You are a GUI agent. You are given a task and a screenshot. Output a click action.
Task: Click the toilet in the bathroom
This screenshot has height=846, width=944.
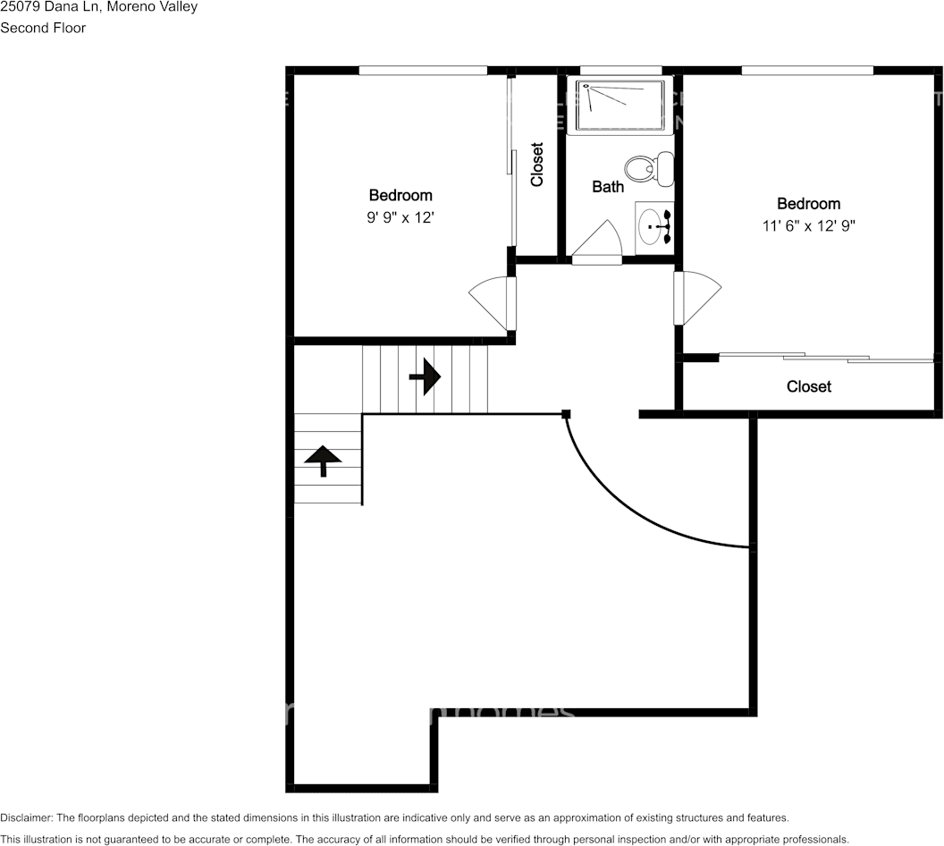point(651,168)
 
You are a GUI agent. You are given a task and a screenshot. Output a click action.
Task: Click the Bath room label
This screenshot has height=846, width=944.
point(608,187)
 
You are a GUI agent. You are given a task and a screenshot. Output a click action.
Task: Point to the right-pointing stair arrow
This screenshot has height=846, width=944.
point(426,377)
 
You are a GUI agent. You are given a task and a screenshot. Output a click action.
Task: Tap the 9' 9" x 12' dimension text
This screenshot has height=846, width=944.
point(400,217)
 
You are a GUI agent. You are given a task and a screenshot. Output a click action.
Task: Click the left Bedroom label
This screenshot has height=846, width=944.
point(400,195)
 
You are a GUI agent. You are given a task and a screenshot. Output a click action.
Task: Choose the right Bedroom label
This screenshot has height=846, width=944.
point(808,204)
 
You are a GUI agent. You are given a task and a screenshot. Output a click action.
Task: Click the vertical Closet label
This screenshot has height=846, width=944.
point(537,165)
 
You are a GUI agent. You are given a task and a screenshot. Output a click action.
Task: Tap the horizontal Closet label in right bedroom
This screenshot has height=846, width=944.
point(809,386)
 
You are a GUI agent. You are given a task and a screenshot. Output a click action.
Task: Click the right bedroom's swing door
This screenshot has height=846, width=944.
point(695,298)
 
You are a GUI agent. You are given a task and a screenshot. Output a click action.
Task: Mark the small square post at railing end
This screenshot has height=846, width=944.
point(566,413)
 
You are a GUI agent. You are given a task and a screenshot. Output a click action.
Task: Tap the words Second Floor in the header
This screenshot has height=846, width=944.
point(43,28)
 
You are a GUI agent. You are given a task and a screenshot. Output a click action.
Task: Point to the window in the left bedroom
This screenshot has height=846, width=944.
point(423,70)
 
